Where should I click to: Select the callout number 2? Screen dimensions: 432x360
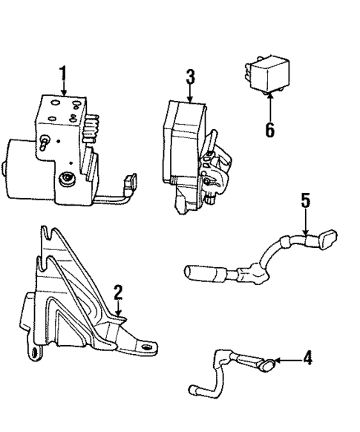(x=117, y=292)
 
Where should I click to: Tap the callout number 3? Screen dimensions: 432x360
(x=190, y=76)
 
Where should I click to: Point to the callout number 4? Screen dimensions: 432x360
(x=307, y=359)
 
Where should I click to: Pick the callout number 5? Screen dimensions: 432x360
(x=305, y=201)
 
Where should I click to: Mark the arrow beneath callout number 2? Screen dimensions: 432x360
(x=117, y=311)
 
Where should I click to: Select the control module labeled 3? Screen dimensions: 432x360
(x=186, y=148)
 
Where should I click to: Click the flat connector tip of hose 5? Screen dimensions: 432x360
(x=327, y=239)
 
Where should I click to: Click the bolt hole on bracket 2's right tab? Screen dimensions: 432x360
(x=148, y=346)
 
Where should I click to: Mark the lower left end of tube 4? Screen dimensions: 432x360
(x=194, y=389)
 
